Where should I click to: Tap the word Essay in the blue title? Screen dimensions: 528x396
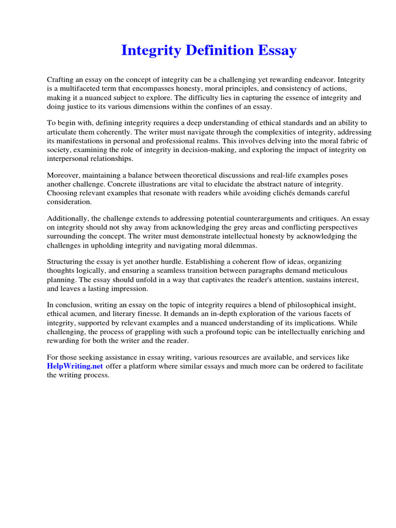[x=277, y=51]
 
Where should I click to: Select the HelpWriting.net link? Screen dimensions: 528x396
[x=75, y=366]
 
